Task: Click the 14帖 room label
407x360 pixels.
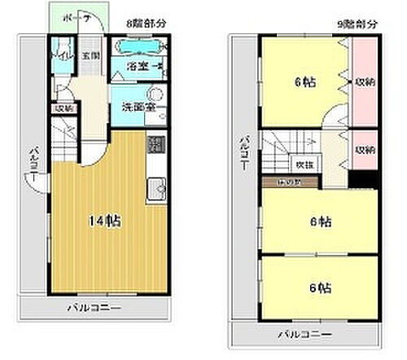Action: [106, 221]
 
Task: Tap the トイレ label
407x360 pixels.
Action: [60, 57]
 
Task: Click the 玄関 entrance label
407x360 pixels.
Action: [90, 56]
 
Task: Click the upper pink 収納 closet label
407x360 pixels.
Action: [364, 81]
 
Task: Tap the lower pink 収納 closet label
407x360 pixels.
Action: [364, 151]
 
